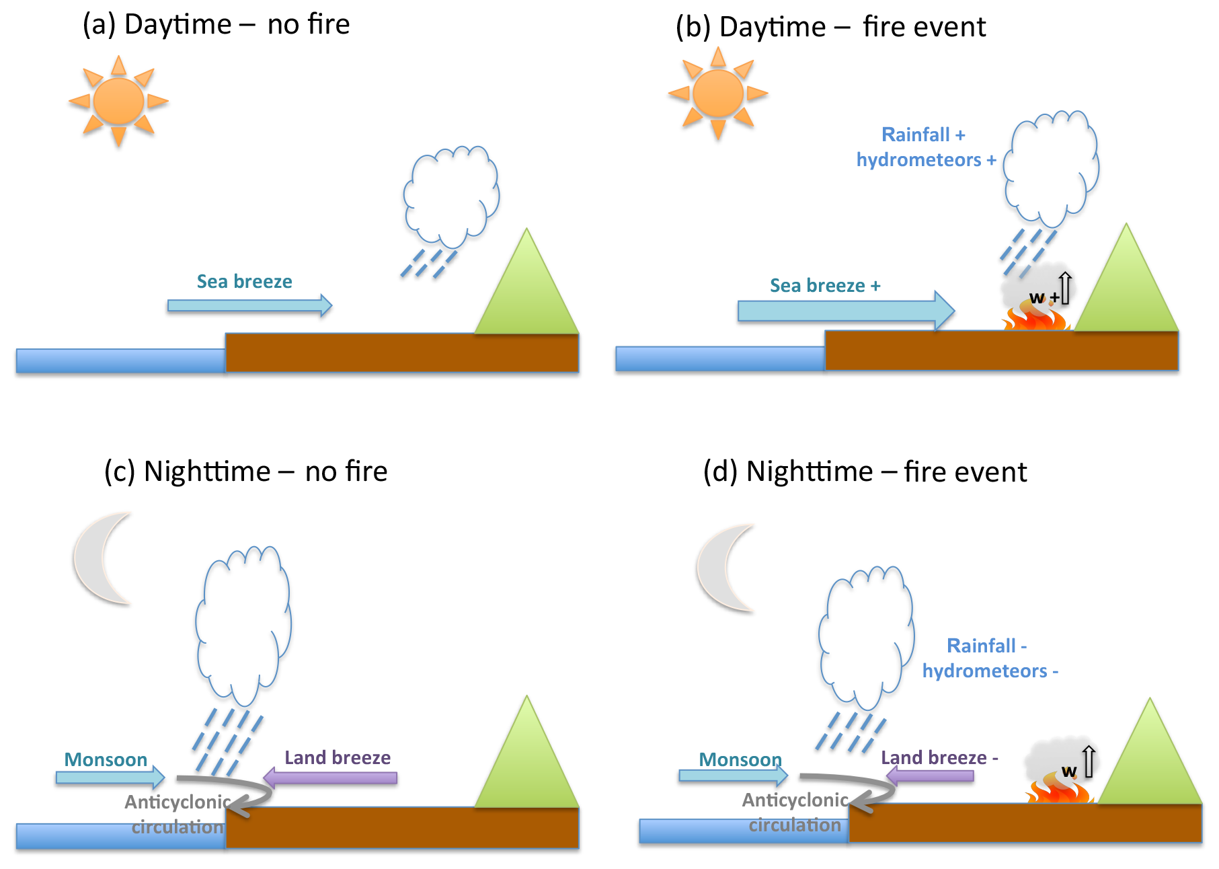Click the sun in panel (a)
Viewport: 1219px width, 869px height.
pyautogui.click(x=118, y=101)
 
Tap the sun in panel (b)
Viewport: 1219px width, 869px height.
pyautogui.click(x=717, y=93)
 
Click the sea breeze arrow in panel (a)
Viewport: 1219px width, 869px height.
pyautogui.click(x=249, y=305)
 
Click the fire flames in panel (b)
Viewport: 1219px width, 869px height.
pyautogui.click(x=1035, y=317)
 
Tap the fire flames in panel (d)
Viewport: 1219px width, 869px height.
pyautogui.click(x=1059, y=791)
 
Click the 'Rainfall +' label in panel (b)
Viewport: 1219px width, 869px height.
pyautogui.click(x=923, y=135)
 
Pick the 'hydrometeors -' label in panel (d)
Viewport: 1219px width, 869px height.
pyautogui.click(x=990, y=671)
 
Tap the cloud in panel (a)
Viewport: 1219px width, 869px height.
pyautogui.click(x=450, y=195)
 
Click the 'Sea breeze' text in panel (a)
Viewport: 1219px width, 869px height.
pyautogui.click(x=244, y=281)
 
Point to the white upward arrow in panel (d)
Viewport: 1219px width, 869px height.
pyautogui.click(x=1089, y=761)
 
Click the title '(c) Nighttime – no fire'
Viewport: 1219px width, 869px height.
pyautogui.click(x=245, y=471)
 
